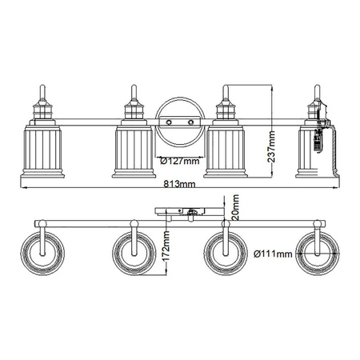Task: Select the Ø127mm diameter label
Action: tap(178, 160)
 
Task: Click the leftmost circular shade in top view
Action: tap(42, 254)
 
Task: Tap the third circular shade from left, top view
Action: tap(226, 254)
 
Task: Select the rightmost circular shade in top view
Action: tap(318, 254)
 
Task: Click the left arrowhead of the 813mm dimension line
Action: tap(16, 190)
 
